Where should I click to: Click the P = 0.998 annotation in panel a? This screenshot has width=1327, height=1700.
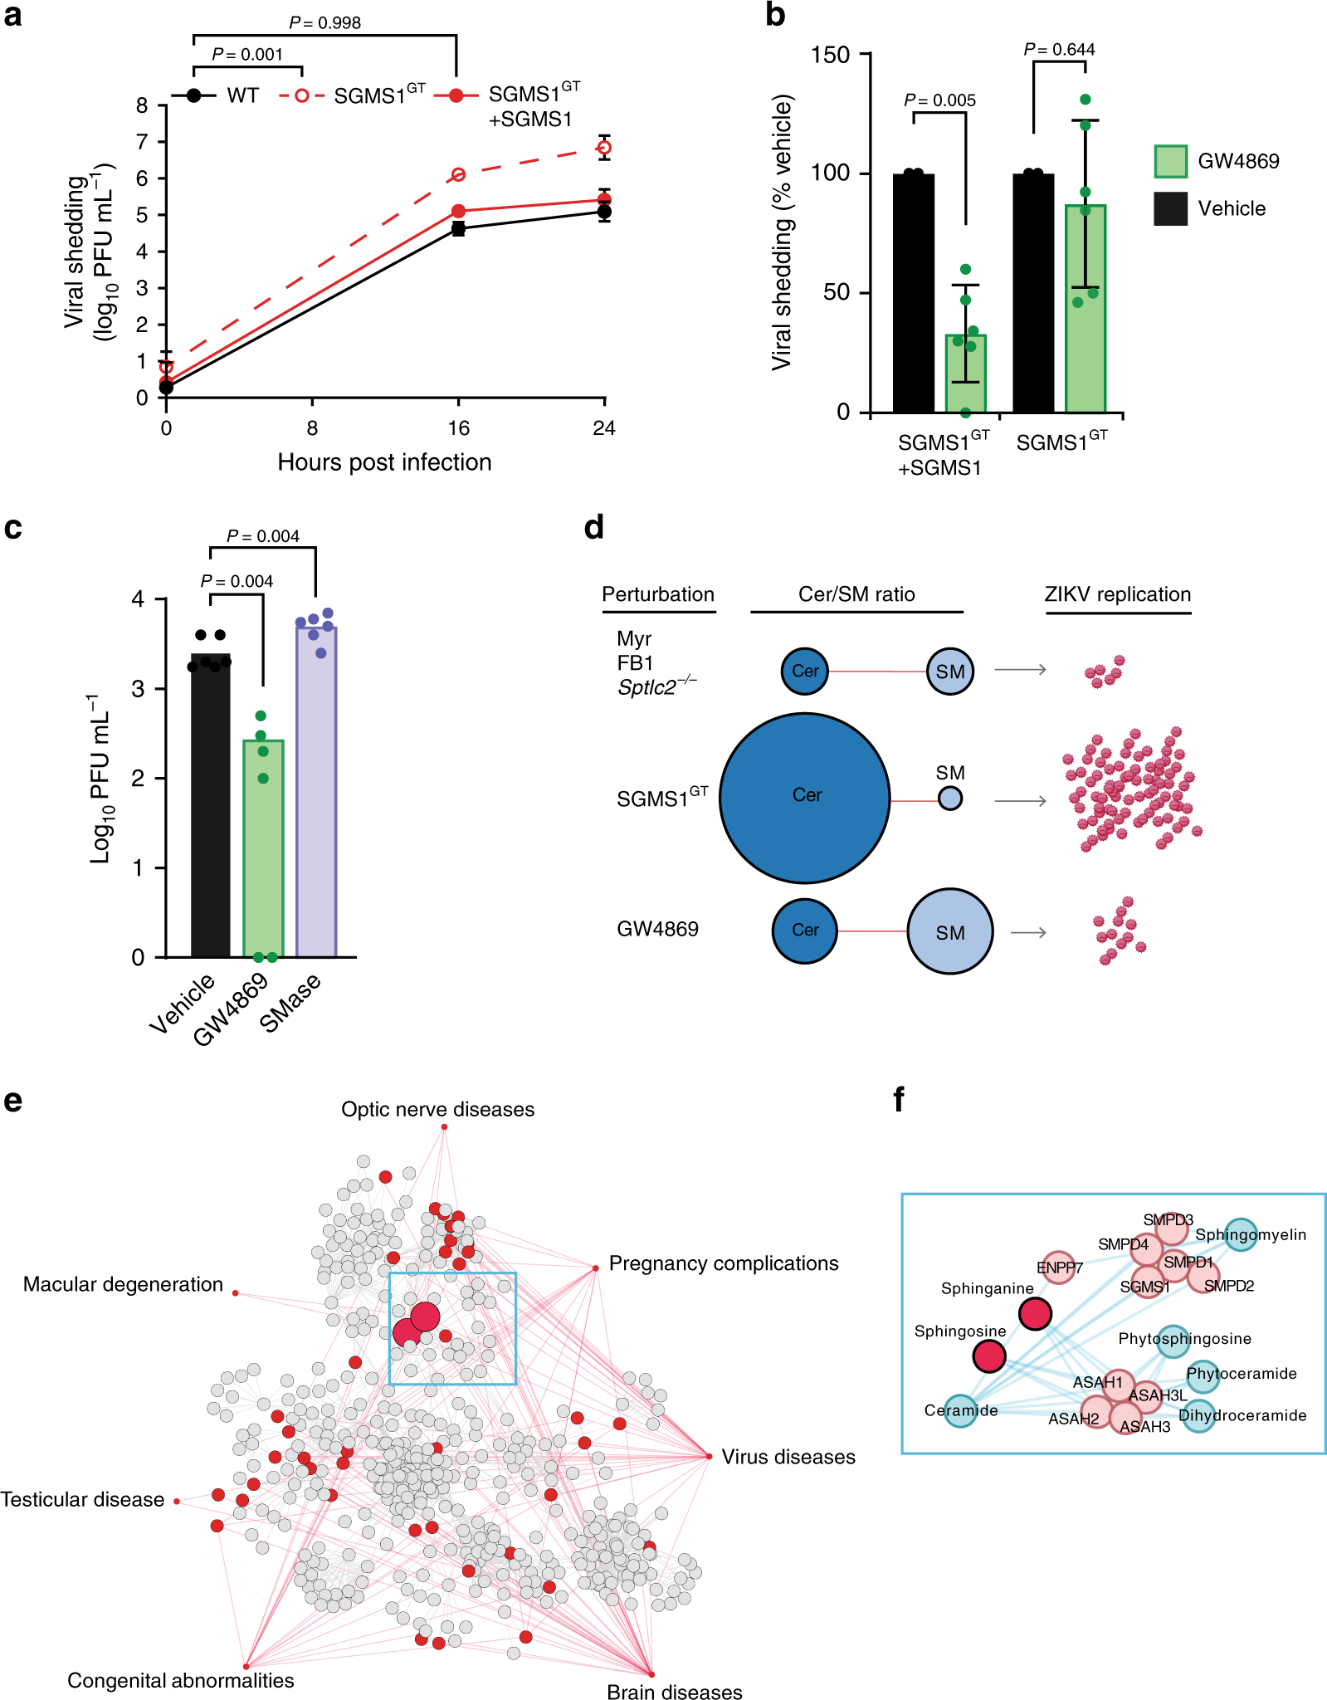tap(324, 23)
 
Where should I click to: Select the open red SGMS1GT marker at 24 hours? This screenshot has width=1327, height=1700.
tap(604, 148)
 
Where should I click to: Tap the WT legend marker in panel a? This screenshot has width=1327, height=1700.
tap(194, 95)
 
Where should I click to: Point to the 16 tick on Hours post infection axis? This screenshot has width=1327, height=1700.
tap(458, 428)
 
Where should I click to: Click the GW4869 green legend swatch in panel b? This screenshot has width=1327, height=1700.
tap(1170, 161)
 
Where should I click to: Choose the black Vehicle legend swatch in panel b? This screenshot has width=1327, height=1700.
tap(1170, 208)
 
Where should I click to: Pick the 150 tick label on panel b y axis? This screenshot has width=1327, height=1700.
tap(830, 55)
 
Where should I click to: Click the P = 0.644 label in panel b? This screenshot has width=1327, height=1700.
tap(1059, 50)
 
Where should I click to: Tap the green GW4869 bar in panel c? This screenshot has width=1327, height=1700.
tap(263, 847)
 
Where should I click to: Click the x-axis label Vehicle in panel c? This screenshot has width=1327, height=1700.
tap(183, 1004)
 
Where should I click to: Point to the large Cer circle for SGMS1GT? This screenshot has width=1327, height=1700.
tap(804, 798)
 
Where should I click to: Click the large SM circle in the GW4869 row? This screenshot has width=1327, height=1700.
tap(949, 931)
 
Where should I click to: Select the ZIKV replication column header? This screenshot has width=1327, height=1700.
tap(1117, 594)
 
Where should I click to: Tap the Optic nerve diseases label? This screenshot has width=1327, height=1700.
tap(437, 1109)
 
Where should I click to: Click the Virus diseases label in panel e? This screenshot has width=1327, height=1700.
tap(788, 1457)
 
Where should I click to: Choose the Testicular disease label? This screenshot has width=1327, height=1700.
tap(82, 1499)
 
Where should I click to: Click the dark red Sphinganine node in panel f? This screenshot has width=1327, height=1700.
tap(1035, 1314)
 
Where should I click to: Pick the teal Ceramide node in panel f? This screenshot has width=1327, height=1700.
tap(960, 1411)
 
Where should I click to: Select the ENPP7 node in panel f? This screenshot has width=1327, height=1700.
tap(1058, 1268)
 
